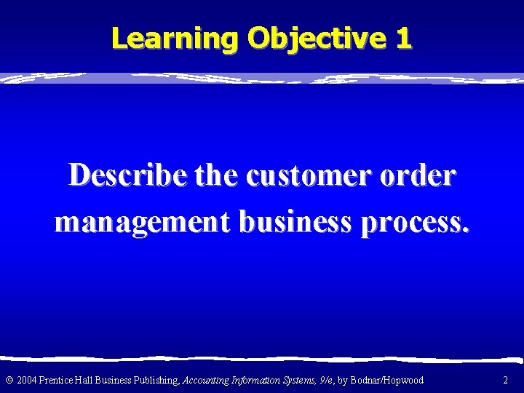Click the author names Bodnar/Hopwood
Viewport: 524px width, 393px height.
386,380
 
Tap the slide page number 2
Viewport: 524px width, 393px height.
506,380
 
